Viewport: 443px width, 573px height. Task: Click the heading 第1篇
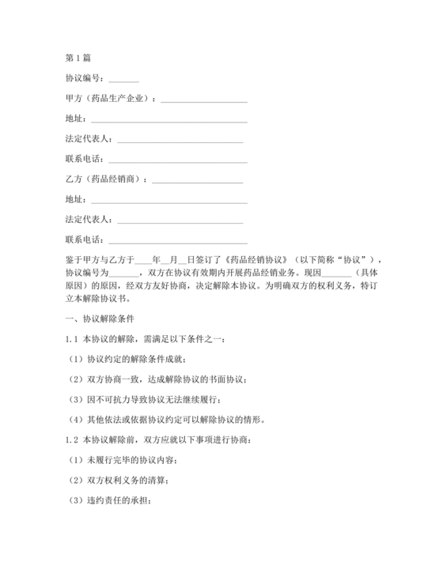[78, 58]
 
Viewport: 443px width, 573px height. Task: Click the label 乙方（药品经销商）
[107, 179]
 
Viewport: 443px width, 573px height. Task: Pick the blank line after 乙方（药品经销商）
[198, 179]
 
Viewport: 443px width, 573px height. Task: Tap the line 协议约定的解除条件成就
[138, 360]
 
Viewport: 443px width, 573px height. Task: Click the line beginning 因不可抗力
[161, 400]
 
